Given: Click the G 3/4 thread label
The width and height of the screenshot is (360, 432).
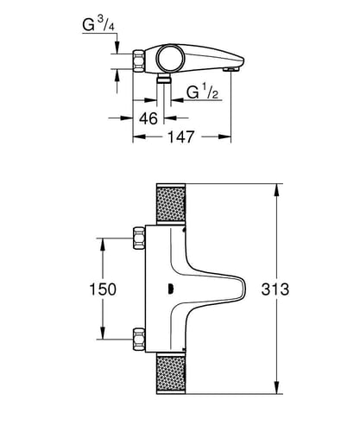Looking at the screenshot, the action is (x=98, y=25).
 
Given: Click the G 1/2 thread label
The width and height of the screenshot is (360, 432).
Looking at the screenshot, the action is (x=202, y=92).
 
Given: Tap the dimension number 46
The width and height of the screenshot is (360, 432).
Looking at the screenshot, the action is (x=148, y=118).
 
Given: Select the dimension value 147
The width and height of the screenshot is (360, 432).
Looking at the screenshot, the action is (x=181, y=137).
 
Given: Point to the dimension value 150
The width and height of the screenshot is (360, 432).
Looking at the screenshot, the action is (x=103, y=289).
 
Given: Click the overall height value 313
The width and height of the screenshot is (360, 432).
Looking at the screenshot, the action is (x=275, y=289).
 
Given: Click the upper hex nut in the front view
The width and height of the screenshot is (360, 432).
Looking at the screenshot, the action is (x=139, y=238).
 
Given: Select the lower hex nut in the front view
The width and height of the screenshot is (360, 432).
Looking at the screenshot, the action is (x=139, y=340).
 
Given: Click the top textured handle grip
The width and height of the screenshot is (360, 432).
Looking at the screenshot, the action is (x=170, y=204).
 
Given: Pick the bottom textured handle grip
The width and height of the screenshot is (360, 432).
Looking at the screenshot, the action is (x=170, y=373).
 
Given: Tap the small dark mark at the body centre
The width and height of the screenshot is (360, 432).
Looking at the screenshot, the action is (x=171, y=289).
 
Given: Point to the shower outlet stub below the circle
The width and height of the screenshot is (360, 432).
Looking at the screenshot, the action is (x=164, y=78).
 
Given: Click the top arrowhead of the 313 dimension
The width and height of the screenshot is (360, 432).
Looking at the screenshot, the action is (x=276, y=190).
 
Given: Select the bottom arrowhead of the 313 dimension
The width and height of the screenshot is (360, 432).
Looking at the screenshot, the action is (x=276, y=387).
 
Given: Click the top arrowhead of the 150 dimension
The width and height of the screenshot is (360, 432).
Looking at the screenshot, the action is (x=103, y=245).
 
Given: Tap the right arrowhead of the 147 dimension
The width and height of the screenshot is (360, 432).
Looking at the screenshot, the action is (x=224, y=137).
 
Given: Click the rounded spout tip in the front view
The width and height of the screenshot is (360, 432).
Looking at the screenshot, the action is (x=243, y=289).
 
